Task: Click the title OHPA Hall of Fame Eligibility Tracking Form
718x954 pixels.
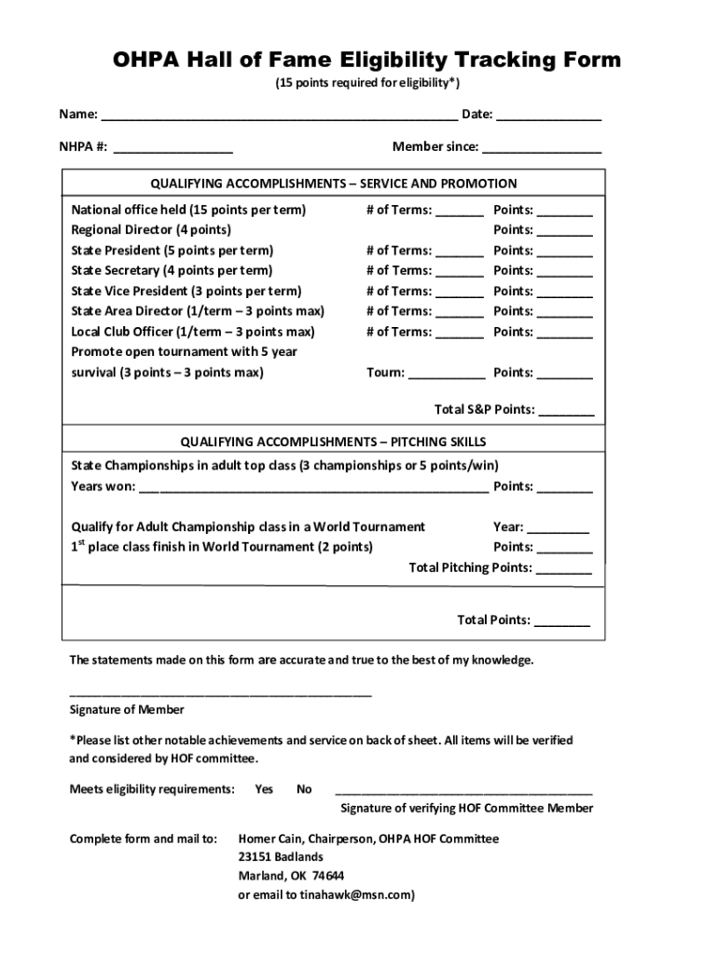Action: coord(366,61)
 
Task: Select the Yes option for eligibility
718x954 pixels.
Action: coord(264,789)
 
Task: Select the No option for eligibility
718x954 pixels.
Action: coord(304,789)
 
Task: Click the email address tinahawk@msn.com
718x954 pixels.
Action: coord(354,895)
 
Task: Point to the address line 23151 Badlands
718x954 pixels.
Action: coord(281,857)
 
